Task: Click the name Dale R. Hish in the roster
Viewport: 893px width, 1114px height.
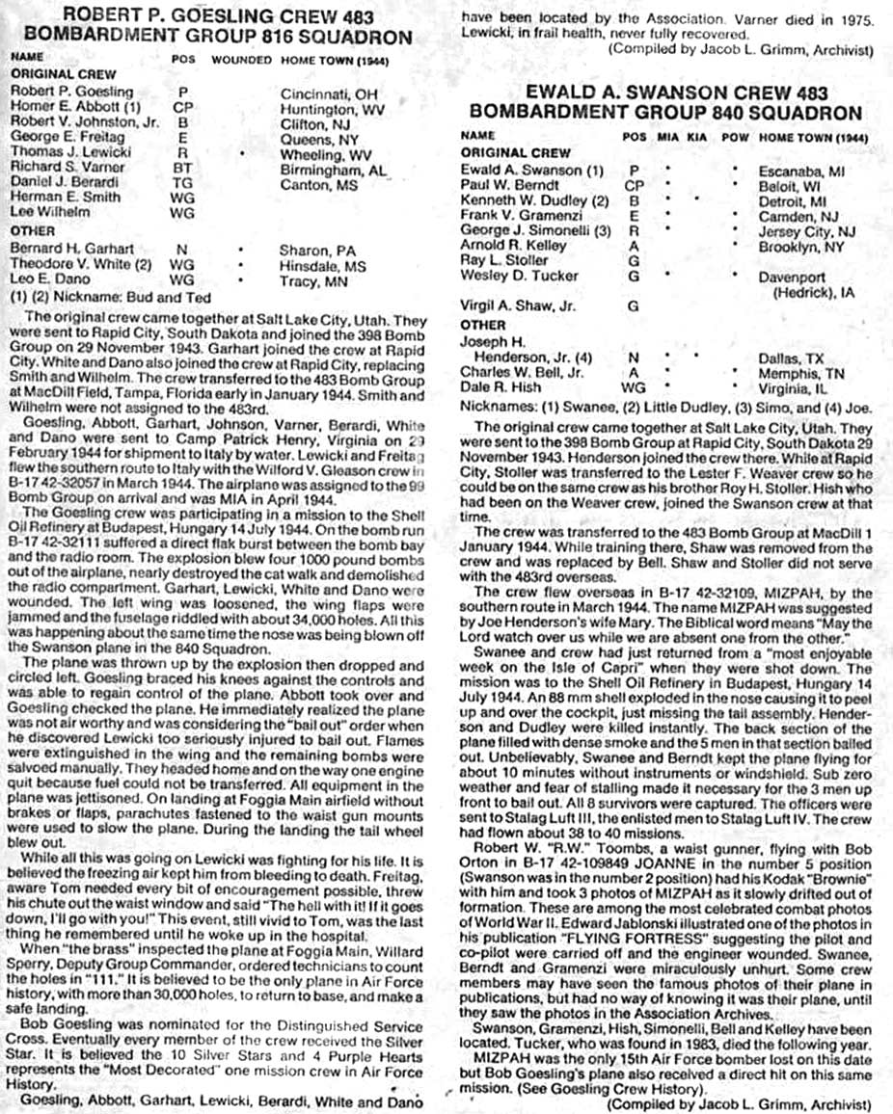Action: pyautogui.click(x=500, y=387)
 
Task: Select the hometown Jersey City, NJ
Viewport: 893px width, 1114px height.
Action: pyautogui.click(x=816, y=231)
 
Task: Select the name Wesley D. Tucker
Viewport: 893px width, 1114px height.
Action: pyautogui.click(x=511, y=276)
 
